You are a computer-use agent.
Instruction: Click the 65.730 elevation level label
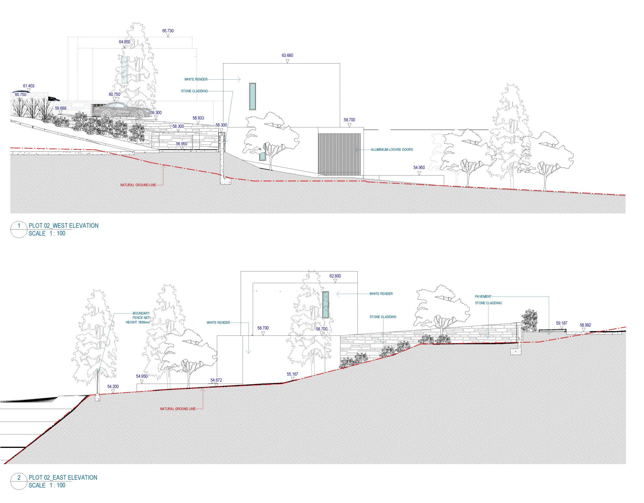point(168,31)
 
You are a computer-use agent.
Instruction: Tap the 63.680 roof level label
point(287,55)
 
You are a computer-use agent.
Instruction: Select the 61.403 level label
point(29,86)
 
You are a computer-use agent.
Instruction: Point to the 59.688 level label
point(60,108)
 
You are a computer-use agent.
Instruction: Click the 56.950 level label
point(182,144)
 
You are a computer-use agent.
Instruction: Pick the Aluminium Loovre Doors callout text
point(392,150)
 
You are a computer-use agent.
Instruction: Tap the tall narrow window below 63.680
point(252,96)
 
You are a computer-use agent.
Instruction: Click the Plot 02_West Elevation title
point(64,225)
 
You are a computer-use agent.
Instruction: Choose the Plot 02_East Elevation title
point(63,477)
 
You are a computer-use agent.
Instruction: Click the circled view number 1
point(19,225)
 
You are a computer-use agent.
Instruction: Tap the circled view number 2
point(19,477)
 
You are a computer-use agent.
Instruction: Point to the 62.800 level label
point(335,276)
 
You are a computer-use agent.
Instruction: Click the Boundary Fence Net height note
point(138,318)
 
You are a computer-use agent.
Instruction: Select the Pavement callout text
point(483,297)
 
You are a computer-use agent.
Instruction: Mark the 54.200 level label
point(113,387)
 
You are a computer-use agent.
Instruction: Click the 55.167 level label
point(292,374)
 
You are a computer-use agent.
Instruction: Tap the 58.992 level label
point(586,325)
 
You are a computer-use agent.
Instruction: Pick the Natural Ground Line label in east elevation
point(178,409)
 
